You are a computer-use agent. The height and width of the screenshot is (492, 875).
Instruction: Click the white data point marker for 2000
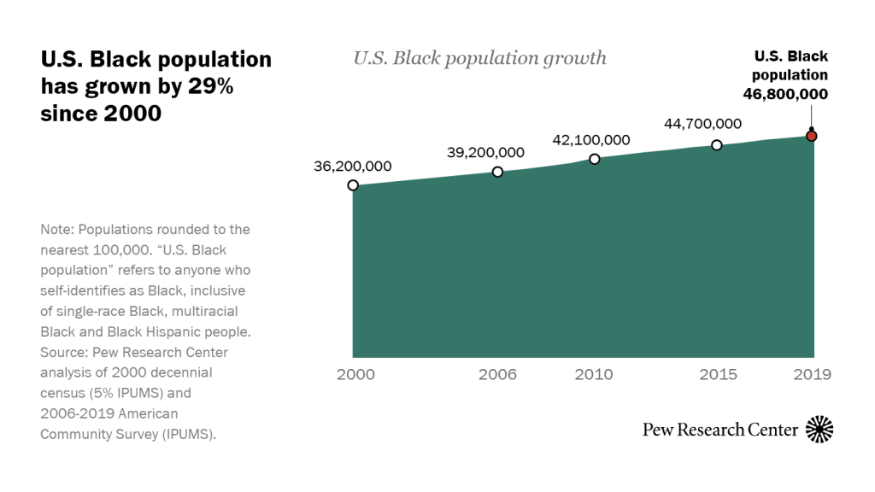(353, 185)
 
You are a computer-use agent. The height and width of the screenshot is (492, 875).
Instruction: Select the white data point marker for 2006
(498, 172)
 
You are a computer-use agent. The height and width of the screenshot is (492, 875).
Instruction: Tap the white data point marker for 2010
(595, 159)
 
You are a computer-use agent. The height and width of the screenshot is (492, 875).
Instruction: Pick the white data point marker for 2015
(717, 145)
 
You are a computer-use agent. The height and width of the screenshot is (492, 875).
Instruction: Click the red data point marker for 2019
(812, 136)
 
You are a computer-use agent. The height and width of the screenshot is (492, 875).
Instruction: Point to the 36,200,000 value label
(353, 166)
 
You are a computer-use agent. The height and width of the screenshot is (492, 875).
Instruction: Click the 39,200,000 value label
(485, 152)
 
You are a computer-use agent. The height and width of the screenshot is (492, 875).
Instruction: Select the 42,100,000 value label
(591, 139)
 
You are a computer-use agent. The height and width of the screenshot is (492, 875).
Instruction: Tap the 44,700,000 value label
(702, 124)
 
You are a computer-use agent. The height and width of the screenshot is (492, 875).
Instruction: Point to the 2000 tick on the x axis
(355, 374)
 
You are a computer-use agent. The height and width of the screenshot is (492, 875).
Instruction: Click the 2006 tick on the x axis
(497, 374)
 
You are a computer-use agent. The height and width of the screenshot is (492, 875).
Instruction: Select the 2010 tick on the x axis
(595, 374)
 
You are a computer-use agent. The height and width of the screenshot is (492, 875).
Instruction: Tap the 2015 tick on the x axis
(717, 374)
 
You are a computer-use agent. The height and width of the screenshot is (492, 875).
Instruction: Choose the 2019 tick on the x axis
(811, 374)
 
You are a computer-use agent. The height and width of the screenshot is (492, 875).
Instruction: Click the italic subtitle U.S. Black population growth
(479, 58)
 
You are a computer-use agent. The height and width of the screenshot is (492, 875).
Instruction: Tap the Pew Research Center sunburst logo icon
(819, 429)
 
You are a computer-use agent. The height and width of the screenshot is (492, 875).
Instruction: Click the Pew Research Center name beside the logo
(720, 430)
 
